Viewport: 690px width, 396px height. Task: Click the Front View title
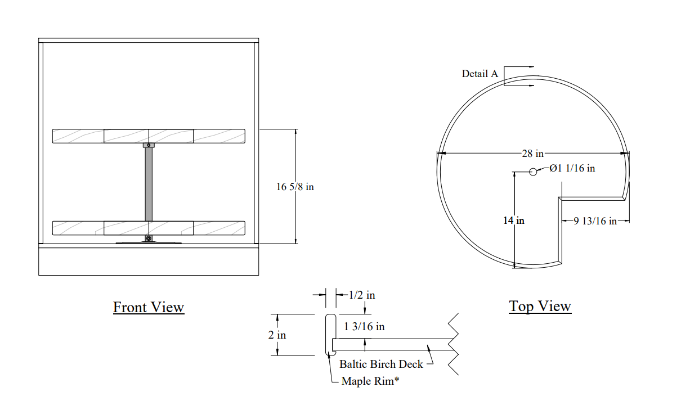click(149, 307)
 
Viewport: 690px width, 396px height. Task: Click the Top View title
click(540, 307)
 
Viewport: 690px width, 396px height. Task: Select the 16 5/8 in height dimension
click(295, 187)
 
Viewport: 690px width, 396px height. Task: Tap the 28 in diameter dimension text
click(532, 154)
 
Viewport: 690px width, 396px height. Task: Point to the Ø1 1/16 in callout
click(572, 168)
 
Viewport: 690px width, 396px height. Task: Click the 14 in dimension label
click(513, 220)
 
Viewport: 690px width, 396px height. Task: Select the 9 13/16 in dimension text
click(595, 221)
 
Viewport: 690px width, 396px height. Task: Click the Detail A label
click(480, 74)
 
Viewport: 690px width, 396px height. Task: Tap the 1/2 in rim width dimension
click(362, 295)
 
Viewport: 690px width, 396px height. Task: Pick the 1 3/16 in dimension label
click(364, 326)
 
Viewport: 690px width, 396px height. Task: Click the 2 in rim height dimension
click(277, 335)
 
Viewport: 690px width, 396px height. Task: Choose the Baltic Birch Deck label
click(381, 364)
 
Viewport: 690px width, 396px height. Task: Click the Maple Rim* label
click(370, 381)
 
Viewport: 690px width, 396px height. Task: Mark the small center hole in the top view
click(533, 172)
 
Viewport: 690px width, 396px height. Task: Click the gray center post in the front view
click(149, 184)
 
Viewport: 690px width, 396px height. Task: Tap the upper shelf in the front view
click(149, 136)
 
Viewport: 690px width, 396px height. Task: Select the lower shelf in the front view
click(149, 228)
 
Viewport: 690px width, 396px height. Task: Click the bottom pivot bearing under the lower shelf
click(149, 238)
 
